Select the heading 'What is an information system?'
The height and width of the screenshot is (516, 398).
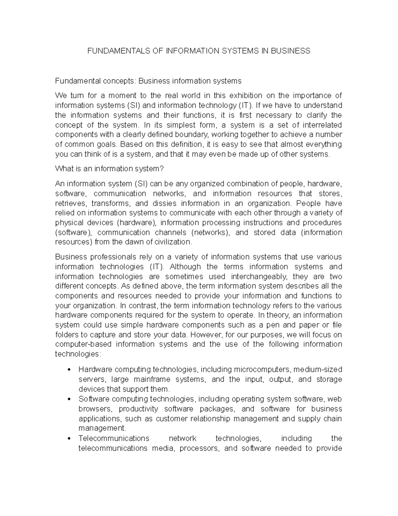(x=109, y=169)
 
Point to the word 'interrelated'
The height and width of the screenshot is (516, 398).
(x=321, y=125)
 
